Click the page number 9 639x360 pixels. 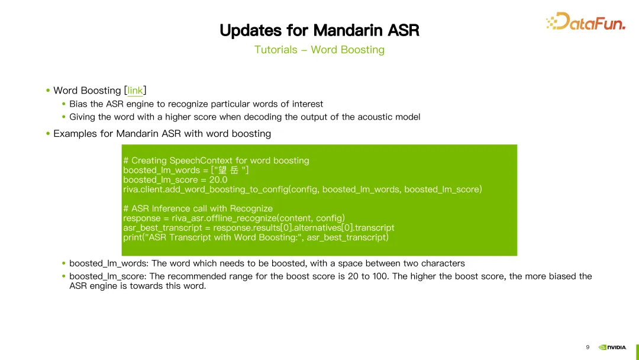point(588,347)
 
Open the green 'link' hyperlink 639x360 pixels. point(135,91)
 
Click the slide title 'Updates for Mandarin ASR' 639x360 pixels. point(319,30)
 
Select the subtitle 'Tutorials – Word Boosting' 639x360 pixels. point(319,50)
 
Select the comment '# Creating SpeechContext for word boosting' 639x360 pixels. point(216,160)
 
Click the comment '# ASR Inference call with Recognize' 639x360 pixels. point(198,208)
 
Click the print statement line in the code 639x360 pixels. point(256,237)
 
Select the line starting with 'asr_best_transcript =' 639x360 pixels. point(259,228)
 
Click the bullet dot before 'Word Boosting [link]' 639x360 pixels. point(48,91)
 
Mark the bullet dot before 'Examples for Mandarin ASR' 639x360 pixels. point(48,134)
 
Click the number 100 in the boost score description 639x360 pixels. point(381,277)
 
